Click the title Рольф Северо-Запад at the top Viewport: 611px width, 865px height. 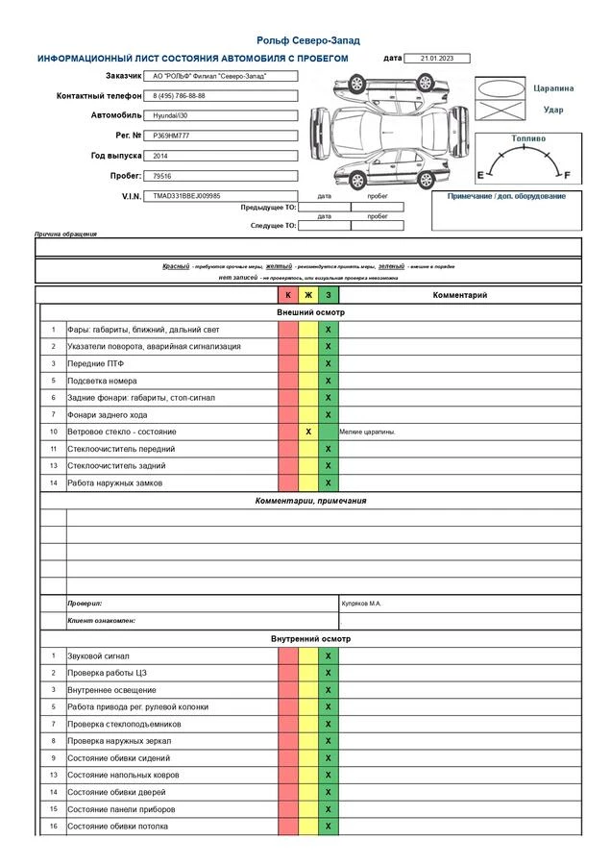click(307, 40)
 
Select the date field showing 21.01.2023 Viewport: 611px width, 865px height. click(436, 59)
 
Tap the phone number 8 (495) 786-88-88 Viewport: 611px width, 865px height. click(180, 96)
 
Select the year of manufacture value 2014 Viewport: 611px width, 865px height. click(160, 156)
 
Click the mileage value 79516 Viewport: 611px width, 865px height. click(162, 176)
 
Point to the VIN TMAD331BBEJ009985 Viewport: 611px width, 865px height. click(186, 196)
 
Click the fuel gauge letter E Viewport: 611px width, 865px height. click(479, 174)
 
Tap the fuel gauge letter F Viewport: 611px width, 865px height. click(567, 174)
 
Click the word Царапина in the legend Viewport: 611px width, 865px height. click(553, 88)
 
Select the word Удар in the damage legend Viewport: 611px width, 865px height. click(553, 110)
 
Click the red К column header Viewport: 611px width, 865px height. click(288, 295)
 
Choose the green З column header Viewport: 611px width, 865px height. click(328, 295)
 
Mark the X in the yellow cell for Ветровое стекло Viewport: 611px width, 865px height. click(308, 432)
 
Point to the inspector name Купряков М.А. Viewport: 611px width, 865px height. click(361, 604)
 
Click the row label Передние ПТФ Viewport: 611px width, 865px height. click(95, 363)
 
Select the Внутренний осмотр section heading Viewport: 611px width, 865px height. click(310, 638)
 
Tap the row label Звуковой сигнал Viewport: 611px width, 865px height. click(98, 655)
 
